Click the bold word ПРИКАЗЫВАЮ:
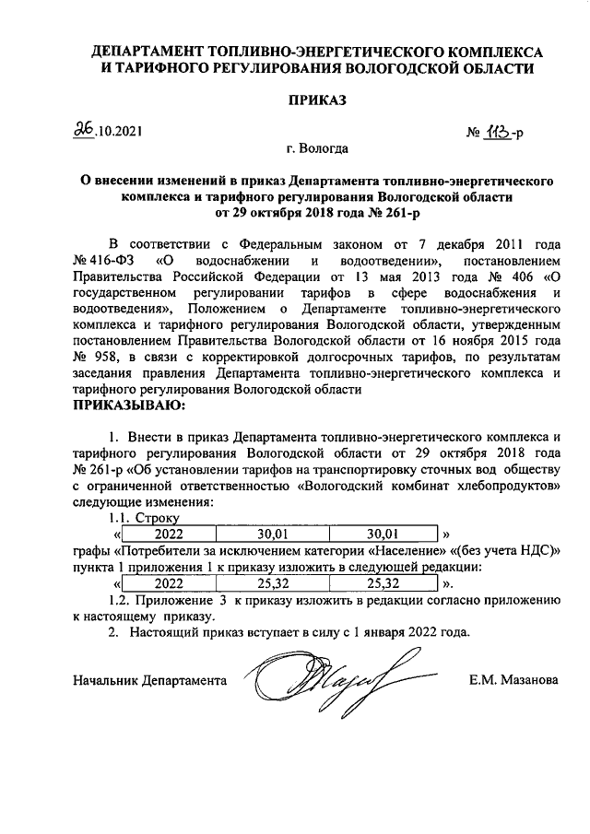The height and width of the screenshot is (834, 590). pyautogui.click(x=129, y=405)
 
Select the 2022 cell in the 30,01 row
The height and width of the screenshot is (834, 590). pyautogui.click(x=169, y=534)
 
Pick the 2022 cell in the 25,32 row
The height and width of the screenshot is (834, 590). pyautogui.click(x=169, y=583)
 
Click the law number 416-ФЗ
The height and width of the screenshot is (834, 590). pyautogui.click(x=102, y=260)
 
